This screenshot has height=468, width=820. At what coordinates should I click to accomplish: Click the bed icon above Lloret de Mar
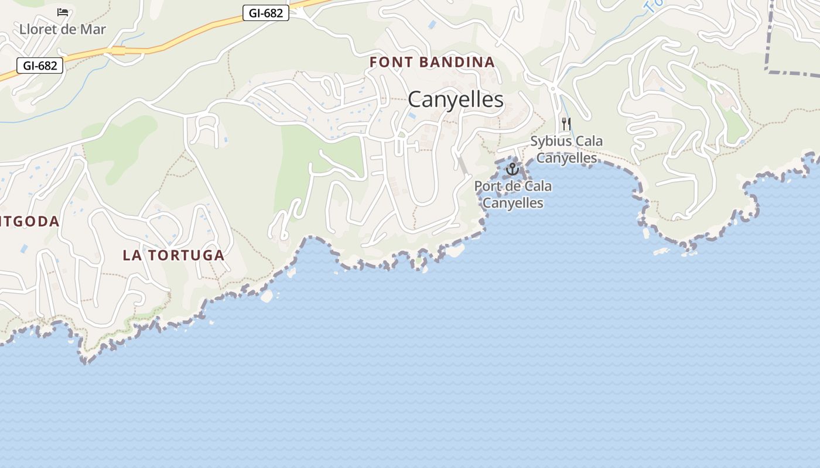point(63,12)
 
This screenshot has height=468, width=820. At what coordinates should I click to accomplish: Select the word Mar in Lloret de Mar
point(93,29)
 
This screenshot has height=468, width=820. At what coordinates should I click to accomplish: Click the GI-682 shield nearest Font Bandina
point(266,13)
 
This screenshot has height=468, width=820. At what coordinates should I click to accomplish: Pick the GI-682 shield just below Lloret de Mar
point(40,66)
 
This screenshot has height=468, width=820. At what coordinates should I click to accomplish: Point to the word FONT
point(391,62)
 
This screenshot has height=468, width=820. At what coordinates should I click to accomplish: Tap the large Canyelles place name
point(455,99)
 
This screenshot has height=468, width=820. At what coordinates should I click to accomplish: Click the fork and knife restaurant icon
point(566,123)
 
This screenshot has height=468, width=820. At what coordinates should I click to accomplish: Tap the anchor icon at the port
point(512,170)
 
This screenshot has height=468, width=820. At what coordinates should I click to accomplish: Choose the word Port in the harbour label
point(488,187)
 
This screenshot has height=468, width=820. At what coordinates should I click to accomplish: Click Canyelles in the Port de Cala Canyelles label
point(512,203)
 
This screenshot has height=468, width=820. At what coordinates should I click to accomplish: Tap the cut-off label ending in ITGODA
point(29,222)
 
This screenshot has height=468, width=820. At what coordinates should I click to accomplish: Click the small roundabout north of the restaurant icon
point(552,89)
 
